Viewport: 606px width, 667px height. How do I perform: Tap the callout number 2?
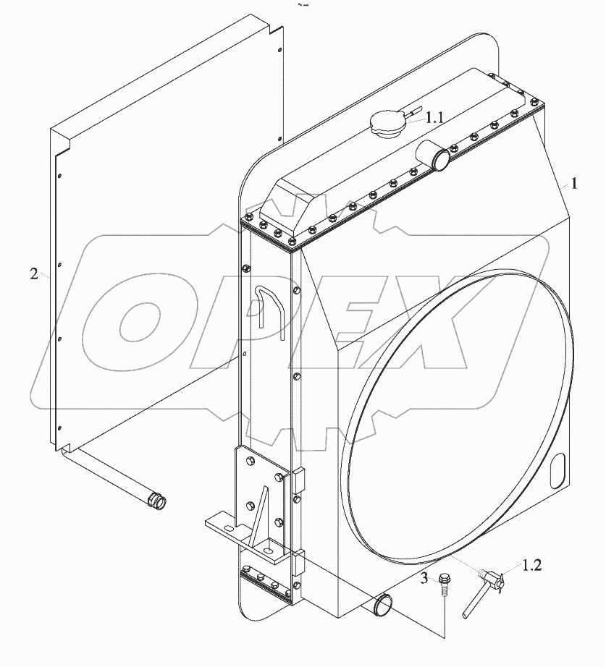(x=34, y=274)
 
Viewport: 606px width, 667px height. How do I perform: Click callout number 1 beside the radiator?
(x=573, y=184)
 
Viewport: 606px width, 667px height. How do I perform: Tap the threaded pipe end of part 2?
(x=155, y=499)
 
